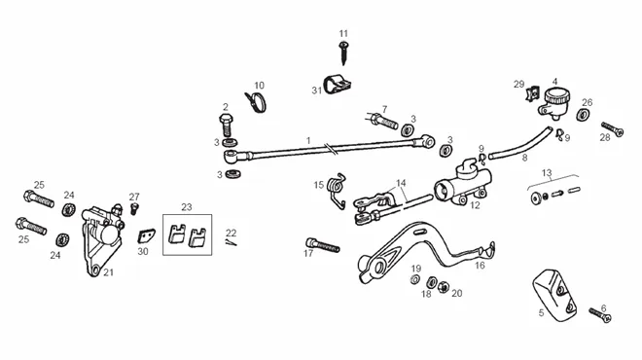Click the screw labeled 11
point(343,53)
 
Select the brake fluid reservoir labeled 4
point(555,101)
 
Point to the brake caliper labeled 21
point(102,239)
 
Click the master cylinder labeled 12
point(463,185)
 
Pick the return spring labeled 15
point(338,190)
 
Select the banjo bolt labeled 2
point(227,125)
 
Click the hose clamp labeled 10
point(256,102)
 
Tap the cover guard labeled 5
point(554,293)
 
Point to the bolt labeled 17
point(323,245)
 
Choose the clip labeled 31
point(338,85)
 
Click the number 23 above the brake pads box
point(187,207)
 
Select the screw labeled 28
point(612,129)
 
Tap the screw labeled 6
point(600,315)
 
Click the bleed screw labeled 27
point(133,209)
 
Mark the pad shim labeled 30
point(146,235)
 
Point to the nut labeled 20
point(443,287)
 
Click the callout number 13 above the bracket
point(547,173)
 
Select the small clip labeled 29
point(532,93)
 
